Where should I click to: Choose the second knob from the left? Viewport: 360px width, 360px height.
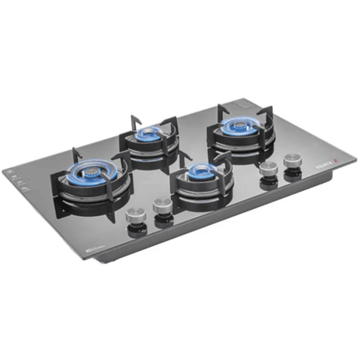(161, 205)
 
